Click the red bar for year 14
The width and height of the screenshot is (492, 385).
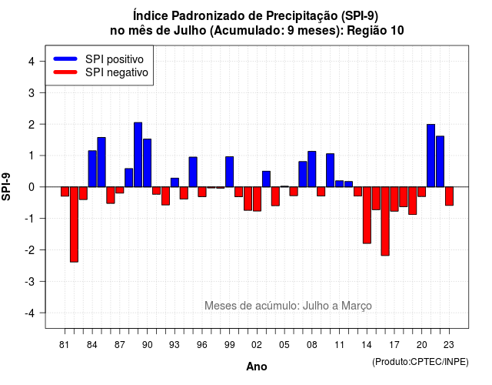[x=367, y=215]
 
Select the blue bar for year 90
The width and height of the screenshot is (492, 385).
[x=147, y=162]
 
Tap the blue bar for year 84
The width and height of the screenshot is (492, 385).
[x=92, y=169]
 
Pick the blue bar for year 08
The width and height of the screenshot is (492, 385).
[x=312, y=169]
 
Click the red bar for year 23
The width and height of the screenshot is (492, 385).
[x=449, y=196]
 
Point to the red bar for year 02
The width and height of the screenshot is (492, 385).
[x=257, y=199]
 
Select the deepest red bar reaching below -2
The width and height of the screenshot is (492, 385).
[x=74, y=224]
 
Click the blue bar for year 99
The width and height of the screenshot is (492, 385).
[x=229, y=172]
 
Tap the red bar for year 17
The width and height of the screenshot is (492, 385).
[x=394, y=199]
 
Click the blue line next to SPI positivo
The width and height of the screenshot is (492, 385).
[x=65, y=59]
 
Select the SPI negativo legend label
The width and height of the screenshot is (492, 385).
[x=117, y=72]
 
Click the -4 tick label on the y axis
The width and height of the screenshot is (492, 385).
[x=30, y=313]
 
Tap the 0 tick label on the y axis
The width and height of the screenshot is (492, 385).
[x=32, y=187]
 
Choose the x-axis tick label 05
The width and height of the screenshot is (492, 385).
[x=284, y=345]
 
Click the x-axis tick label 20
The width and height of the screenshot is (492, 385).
[x=422, y=345]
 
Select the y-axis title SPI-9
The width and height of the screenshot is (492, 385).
[x=6, y=186]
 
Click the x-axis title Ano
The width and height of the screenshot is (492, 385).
[x=257, y=367]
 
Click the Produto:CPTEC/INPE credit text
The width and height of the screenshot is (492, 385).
[x=421, y=362]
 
